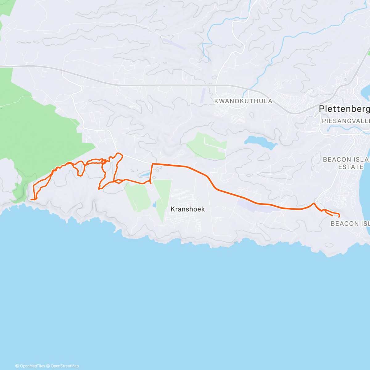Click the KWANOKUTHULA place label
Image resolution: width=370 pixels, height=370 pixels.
pyautogui.click(x=243, y=101)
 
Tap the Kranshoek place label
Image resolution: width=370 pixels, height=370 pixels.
pyautogui.click(x=187, y=209)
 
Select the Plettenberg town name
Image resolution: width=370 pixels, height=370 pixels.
pyautogui.click(x=344, y=109)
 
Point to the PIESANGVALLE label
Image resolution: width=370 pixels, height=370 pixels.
pyautogui.click(x=345, y=121)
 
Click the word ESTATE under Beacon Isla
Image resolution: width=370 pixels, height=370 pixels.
pyautogui.click(x=351, y=167)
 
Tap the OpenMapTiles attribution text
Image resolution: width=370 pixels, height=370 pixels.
pyautogui.click(x=30, y=366)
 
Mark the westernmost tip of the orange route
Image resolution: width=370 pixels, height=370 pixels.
pyautogui.click(x=31, y=199)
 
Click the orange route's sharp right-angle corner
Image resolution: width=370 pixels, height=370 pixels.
pyautogui.click(x=152, y=164)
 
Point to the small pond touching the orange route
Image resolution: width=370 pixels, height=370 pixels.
pyautogui.click(x=144, y=175)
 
